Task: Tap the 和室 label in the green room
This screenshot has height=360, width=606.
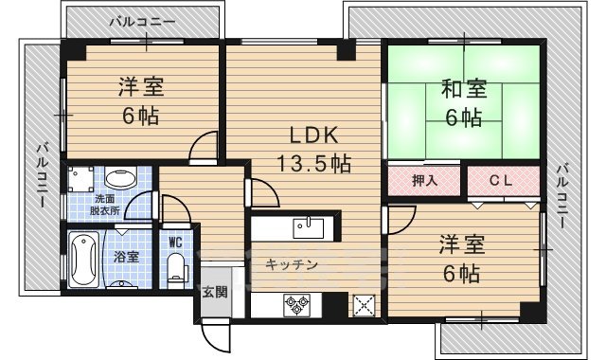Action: click(463, 90)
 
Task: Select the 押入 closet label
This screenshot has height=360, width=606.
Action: click(425, 180)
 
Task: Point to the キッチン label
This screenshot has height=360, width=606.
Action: click(290, 265)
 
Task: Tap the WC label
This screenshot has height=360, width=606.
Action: click(175, 241)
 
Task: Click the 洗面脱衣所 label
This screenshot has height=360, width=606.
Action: click(106, 205)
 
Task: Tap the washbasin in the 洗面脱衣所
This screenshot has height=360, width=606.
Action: click(118, 177)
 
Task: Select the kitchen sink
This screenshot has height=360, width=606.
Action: click(309, 228)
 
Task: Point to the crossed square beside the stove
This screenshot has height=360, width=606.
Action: click(365, 305)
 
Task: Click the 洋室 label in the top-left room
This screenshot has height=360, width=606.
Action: click(141, 88)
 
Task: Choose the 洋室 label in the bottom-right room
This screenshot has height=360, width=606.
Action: click(462, 246)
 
